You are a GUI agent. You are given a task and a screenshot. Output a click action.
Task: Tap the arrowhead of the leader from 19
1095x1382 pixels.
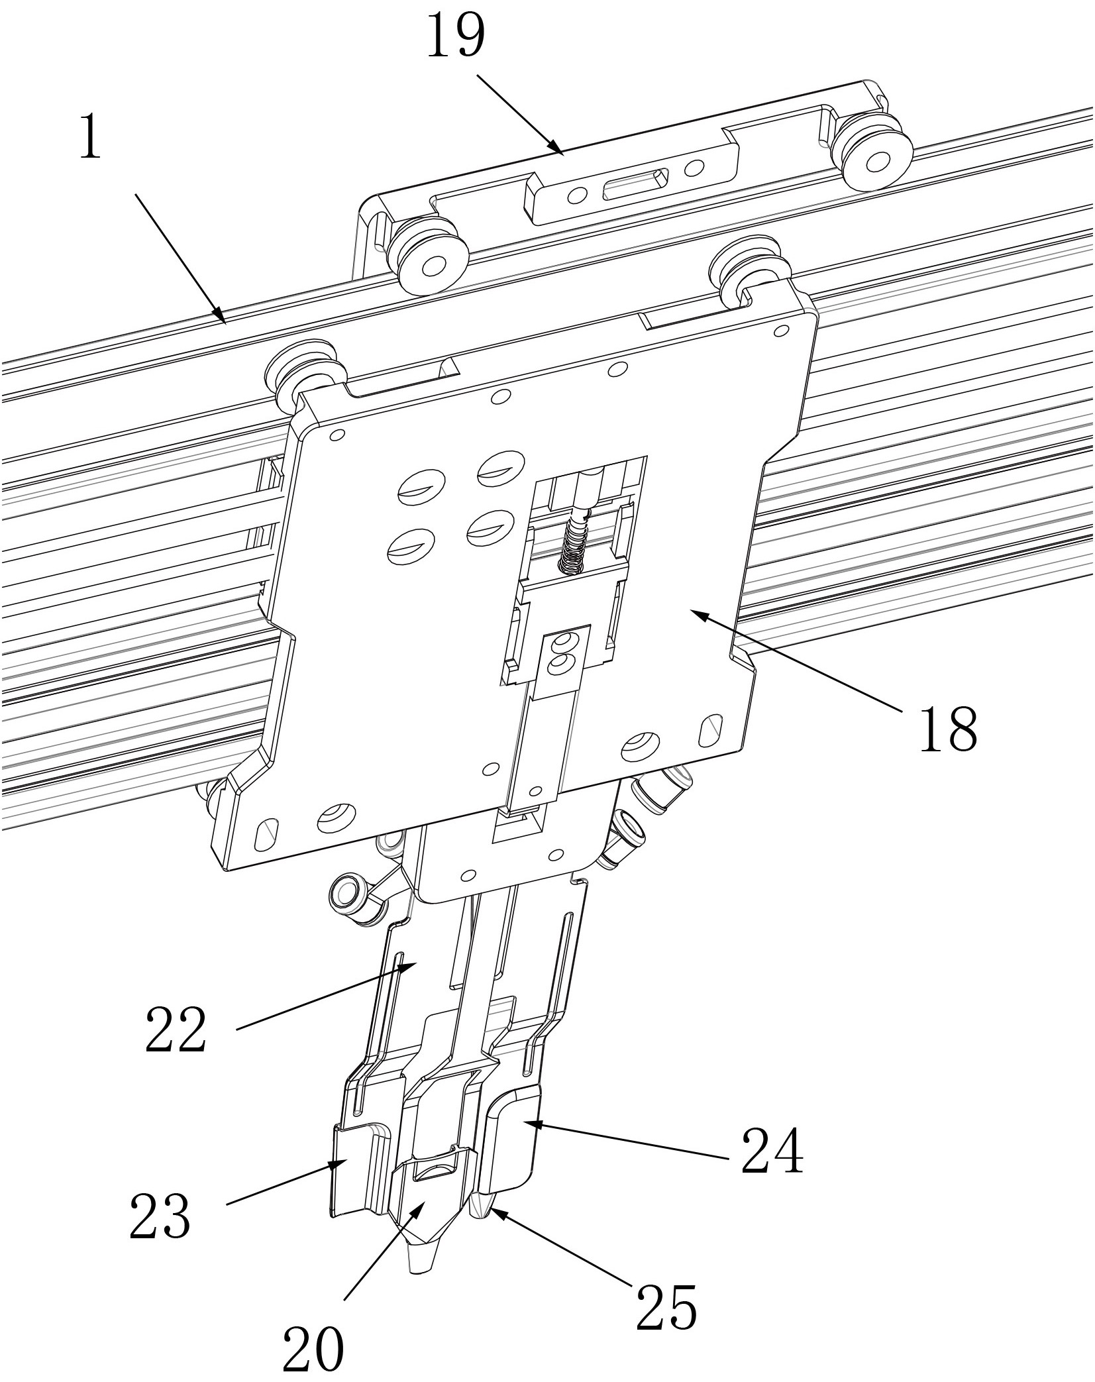(556, 148)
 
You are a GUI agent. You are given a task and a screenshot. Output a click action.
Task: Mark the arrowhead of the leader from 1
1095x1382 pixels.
(220, 316)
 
